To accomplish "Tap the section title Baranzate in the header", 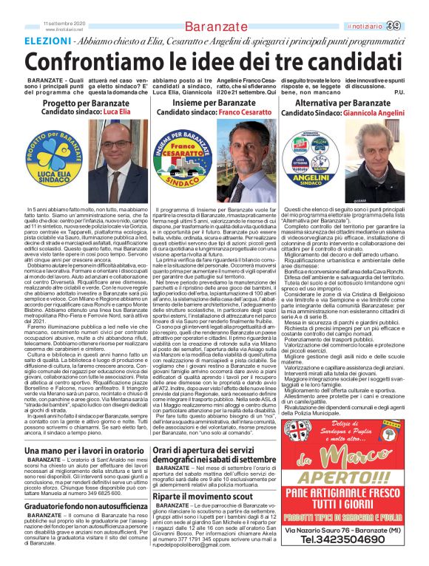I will point(216,27).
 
